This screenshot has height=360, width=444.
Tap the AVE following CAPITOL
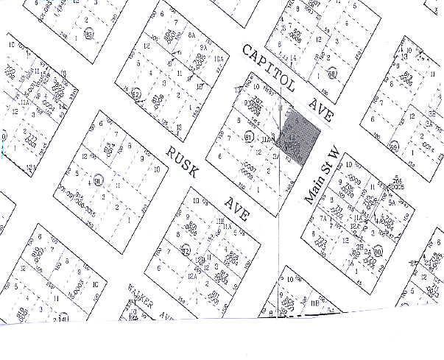coord(323,108)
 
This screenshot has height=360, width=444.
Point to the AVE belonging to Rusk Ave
coord(238,208)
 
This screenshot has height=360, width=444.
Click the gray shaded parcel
coord(300,134)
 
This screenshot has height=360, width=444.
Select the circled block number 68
coord(332,74)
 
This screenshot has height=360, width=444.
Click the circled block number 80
coord(377,252)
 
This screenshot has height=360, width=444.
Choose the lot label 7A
coord(323,219)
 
